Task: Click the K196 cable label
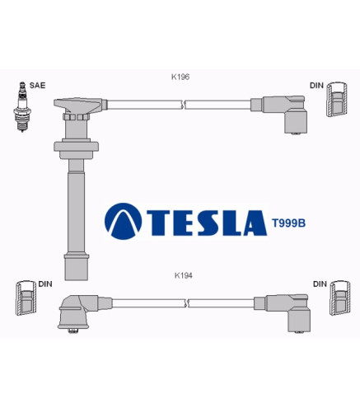(180, 77)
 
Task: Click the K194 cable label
(184, 275)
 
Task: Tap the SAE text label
(37, 85)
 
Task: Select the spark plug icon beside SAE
(22, 106)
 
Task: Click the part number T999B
(288, 223)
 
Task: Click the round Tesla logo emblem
(124, 222)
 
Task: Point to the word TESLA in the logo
(207, 223)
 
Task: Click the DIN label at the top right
(316, 86)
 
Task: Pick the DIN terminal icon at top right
(337, 99)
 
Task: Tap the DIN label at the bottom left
(45, 284)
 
